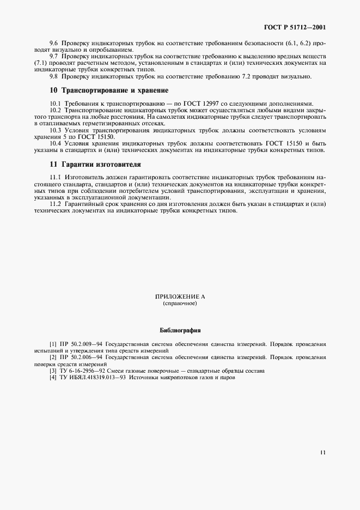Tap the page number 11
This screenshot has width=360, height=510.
324,452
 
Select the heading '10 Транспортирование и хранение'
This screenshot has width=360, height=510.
108,90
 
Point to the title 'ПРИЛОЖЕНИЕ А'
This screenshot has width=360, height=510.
180,297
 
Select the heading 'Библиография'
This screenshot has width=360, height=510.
180,330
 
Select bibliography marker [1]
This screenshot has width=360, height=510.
53,344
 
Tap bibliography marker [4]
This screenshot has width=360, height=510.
53,378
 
